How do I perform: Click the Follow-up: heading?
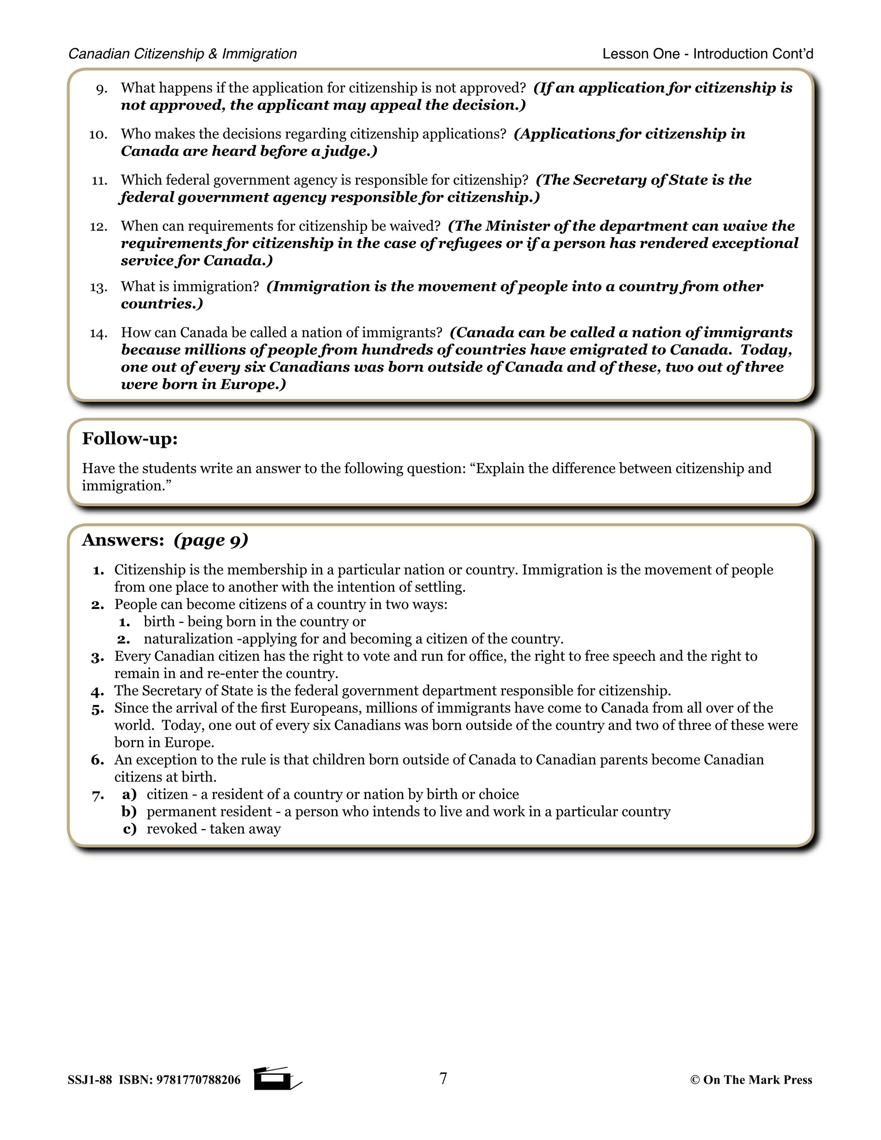(x=130, y=438)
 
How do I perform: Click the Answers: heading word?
(x=123, y=540)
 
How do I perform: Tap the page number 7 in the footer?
(x=443, y=1078)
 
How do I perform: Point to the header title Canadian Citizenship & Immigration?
(x=183, y=54)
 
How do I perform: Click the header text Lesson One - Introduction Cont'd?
(x=708, y=54)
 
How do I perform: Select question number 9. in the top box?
(x=102, y=89)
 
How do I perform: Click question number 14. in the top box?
(x=98, y=333)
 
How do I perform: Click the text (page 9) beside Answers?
(x=211, y=540)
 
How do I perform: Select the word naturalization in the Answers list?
(x=188, y=639)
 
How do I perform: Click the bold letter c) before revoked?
(x=129, y=829)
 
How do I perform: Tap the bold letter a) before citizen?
(x=129, y=795)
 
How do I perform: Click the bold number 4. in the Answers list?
(x=98, y=692)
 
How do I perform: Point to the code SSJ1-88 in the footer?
(x=90, y=1080)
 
